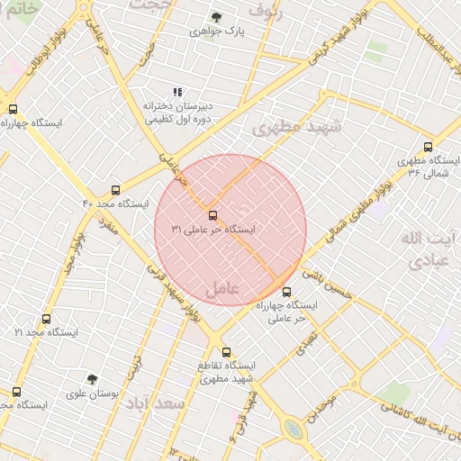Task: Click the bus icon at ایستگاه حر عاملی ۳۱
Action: coord(213,215)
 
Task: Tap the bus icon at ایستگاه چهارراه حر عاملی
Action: coord(287,292)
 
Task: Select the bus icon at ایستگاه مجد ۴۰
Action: coord(115,190)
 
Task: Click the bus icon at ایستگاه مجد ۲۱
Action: coord(47,319)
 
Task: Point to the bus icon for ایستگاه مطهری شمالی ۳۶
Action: coord(428,146)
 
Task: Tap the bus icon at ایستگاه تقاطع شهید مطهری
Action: coord(226,352)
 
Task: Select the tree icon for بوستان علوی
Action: coord(92,379)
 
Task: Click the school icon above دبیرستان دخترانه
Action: coord(177,91)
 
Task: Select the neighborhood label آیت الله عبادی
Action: coord(422,250)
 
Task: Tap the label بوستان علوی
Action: coord(93,393)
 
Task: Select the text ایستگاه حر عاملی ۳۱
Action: coord(213,230)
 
